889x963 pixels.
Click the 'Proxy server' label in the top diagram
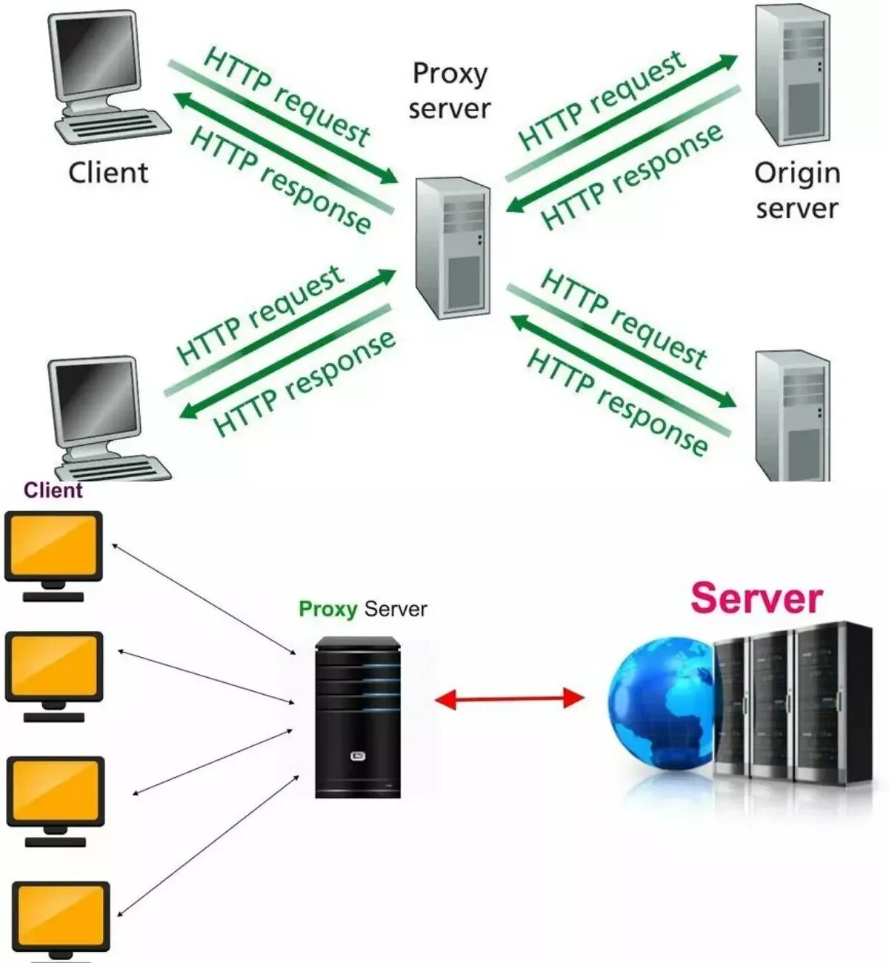(449, 91)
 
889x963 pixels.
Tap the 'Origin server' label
(797, 190)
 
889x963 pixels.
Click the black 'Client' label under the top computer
(108, 173)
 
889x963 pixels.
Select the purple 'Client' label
(53, 490)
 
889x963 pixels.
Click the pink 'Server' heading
(756, 599)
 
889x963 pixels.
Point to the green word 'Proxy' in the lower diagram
(327, 609)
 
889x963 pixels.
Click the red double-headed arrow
(509, 699)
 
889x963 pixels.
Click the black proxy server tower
(358, 717)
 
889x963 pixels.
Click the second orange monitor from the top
(54, 667)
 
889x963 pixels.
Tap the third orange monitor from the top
(56, 791)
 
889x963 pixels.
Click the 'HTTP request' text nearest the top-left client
(286, 96)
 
